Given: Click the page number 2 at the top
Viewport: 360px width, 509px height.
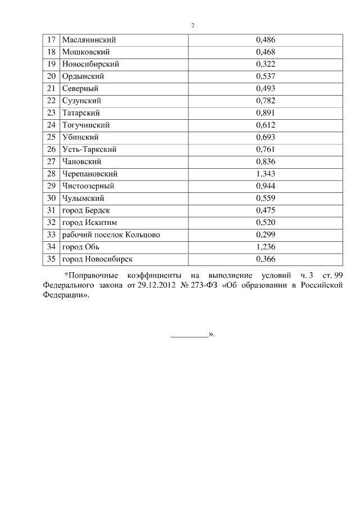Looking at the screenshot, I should click(193, 25).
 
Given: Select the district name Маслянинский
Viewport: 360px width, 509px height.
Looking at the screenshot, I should click(89, 40).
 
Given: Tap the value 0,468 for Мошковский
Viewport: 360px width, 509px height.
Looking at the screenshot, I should click(265, 52).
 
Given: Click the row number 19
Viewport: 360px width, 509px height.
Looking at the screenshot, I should click(51, 64).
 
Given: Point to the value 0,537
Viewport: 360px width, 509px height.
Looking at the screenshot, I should click(265, 76).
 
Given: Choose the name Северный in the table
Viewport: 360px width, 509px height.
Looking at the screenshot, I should click(81, 88).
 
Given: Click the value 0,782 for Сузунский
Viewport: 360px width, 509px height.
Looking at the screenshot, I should click(265, 101).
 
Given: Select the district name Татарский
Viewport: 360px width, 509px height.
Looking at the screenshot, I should click(82, 113).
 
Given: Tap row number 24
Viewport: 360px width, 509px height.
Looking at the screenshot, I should click(51, 125).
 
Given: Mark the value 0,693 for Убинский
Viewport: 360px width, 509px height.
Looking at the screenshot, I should click(265, 137).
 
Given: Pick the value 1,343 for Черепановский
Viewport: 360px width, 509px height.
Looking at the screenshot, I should click(265, 174).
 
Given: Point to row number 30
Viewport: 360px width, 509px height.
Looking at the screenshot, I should click(51, 199).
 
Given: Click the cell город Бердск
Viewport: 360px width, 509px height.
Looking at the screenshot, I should click(84, 210).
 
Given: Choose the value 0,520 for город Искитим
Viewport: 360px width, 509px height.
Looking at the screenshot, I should click(265, 223).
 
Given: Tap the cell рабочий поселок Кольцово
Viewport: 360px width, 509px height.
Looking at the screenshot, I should click(111, 235).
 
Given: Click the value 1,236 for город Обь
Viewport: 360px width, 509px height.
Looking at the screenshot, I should click(265, 247).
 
